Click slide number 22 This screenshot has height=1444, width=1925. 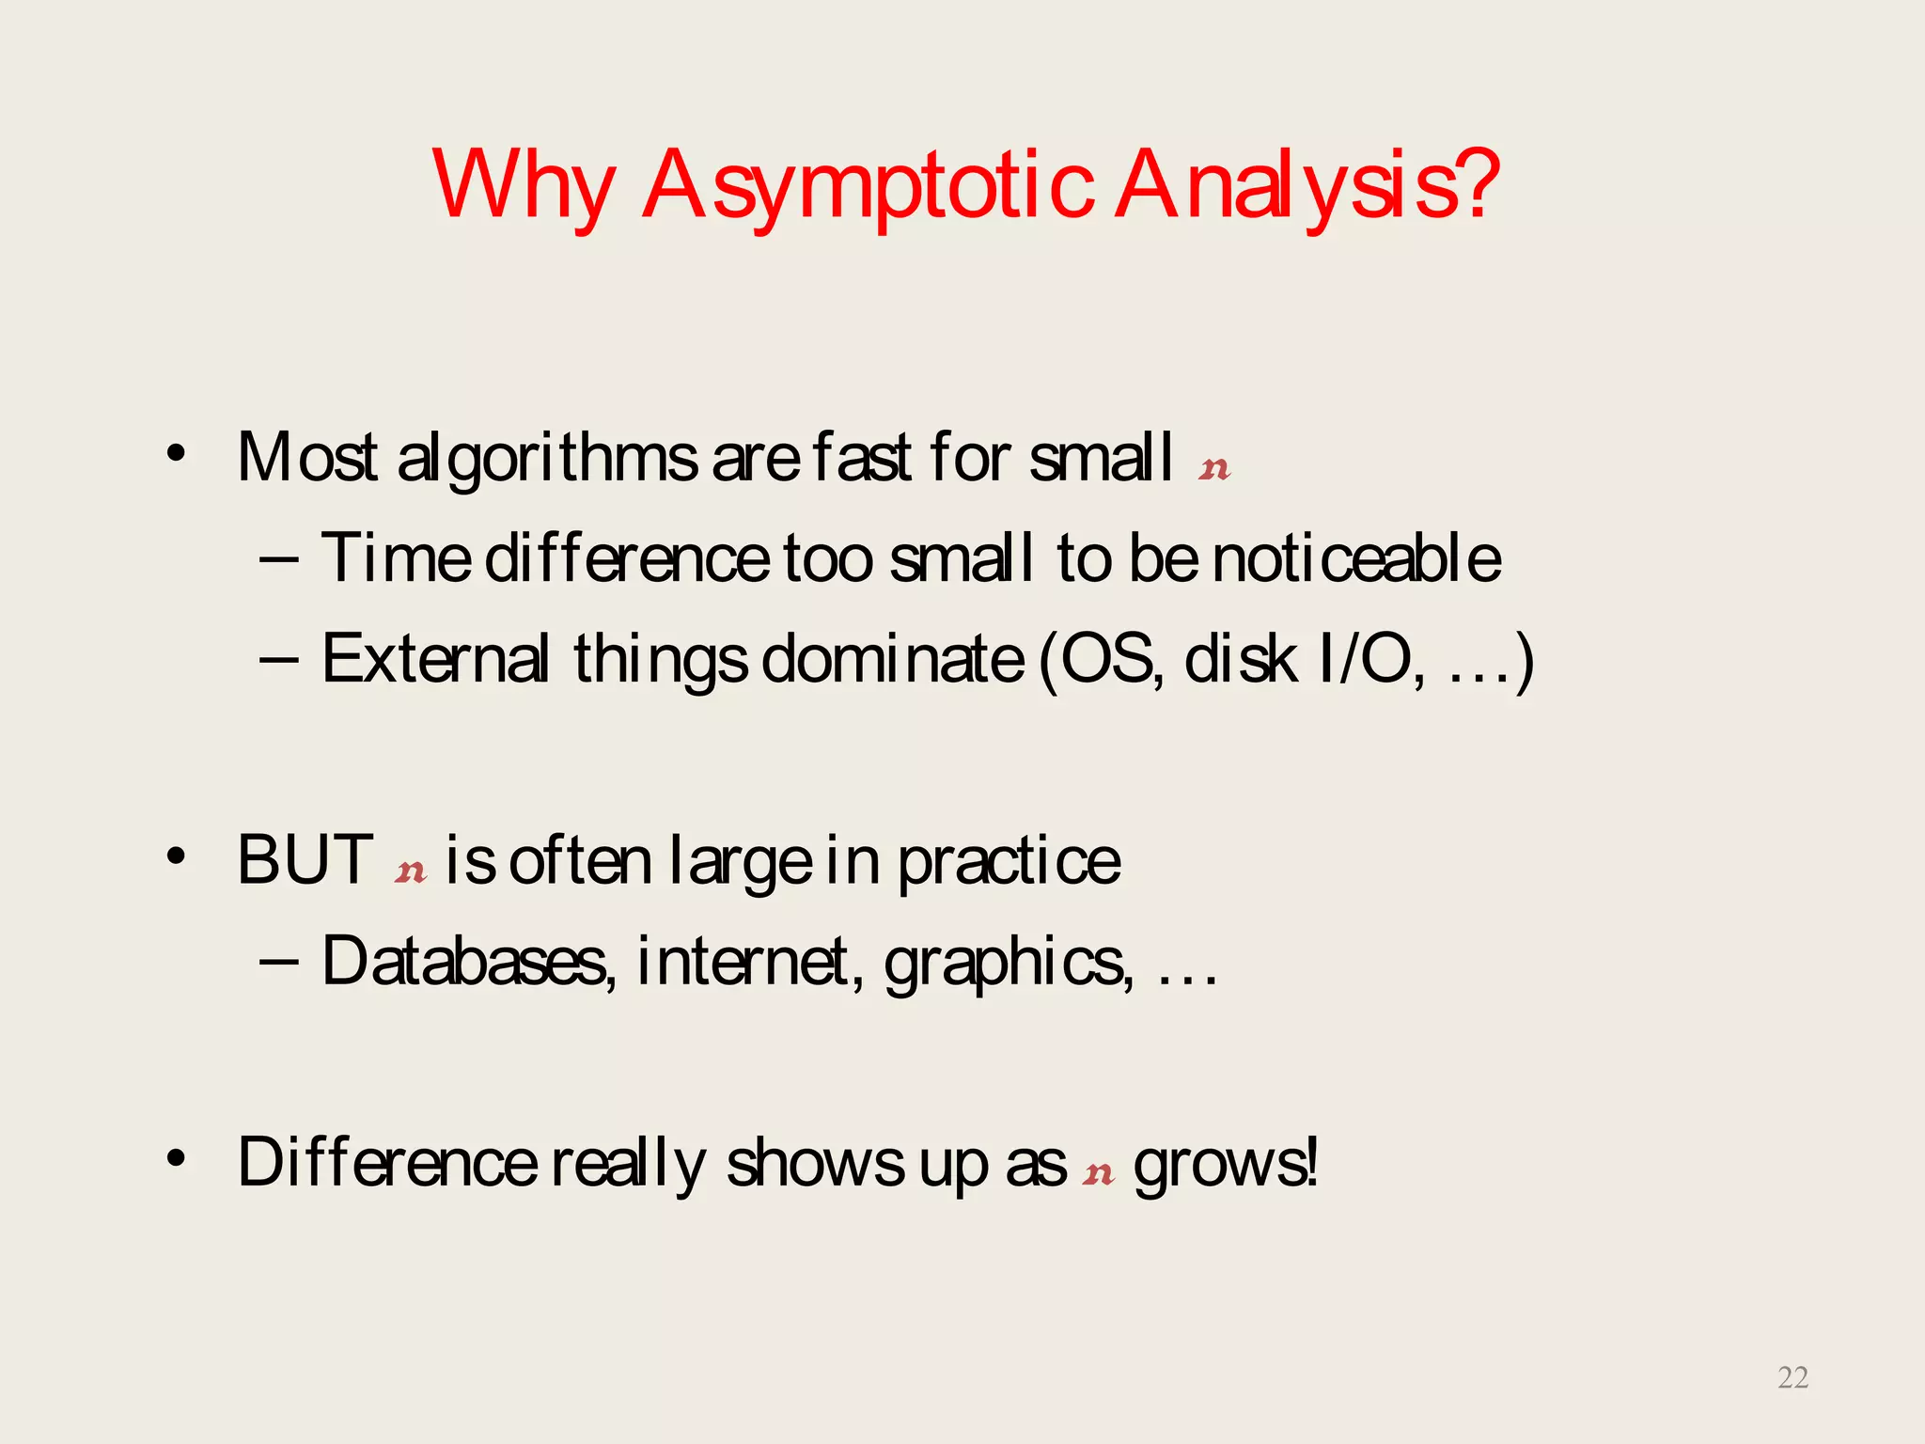point(1792,1377)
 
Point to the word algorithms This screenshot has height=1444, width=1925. point(546,459)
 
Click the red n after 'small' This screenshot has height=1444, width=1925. point(1213,468)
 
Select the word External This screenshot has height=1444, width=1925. point(435,658)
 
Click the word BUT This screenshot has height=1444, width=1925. point(305,860)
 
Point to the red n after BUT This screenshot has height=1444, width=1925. point(410,871)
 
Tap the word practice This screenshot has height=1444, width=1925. point(1009,862)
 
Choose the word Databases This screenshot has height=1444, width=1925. point(467,962)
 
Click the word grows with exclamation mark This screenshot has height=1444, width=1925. point(1225,1164)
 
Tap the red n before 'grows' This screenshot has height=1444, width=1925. point(1098,1173)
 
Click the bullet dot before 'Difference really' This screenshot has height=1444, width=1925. point(176,1158)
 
